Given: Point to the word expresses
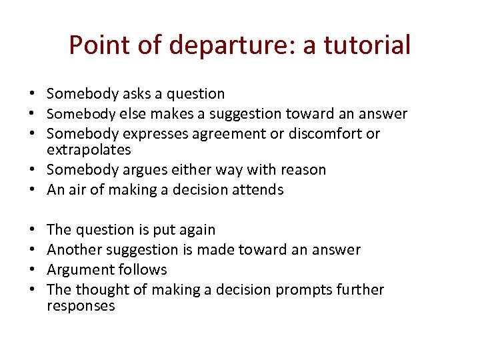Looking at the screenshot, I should click(x=156, y=134).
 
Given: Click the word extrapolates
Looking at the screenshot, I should click(x=89, y=150).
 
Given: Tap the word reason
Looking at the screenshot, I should click(x=303, y=170).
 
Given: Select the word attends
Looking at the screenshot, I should click(x=259, y=190).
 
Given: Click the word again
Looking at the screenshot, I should click(x=197, y=230).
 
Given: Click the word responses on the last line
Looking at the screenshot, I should click(x=81, y=306).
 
